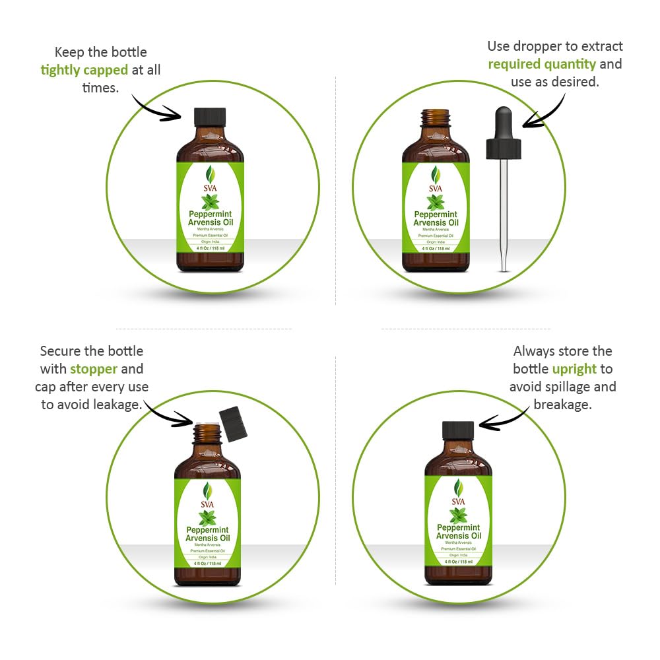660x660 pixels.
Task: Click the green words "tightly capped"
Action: coord(84,69)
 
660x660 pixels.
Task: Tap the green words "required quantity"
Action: coord(541,64)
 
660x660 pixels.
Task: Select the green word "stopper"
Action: coord(94,369)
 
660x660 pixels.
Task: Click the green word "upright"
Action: coord(574,369)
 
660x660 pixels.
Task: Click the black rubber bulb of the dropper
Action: coord(504,123)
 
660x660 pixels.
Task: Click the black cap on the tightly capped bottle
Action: coord(210,117)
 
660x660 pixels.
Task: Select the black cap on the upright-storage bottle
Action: coord(458,431)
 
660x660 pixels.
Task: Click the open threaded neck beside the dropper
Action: coord(436,120)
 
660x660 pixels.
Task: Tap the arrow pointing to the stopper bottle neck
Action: coord(168,415)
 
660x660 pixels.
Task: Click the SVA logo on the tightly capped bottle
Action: coord(210,180)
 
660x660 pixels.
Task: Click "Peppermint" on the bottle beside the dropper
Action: coord(436,214)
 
